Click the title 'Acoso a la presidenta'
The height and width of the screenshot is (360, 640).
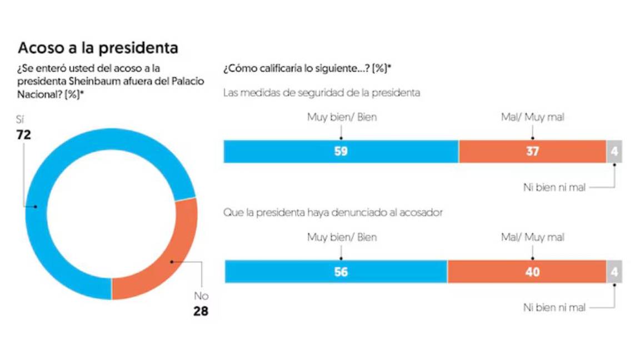tap(98, 48)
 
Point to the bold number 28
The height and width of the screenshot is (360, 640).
tap(201, 311)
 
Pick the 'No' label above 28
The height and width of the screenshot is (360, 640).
tap(201, 296)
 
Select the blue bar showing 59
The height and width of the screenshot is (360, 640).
tap(341, 151)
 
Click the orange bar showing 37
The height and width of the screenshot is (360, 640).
tap(532, 151)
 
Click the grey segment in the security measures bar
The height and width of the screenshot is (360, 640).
tap(614, 151)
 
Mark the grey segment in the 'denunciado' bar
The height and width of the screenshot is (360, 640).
tap(614, 272)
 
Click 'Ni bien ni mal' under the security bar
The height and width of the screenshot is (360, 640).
tap(554, 187)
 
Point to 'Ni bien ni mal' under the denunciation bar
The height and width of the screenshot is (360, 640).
tap(554, 307)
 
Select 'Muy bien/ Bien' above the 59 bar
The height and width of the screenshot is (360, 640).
tap(342, 117)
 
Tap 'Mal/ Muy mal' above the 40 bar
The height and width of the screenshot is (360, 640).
tap(532, 237)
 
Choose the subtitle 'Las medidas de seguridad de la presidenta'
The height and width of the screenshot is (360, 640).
tap(321, 93)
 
